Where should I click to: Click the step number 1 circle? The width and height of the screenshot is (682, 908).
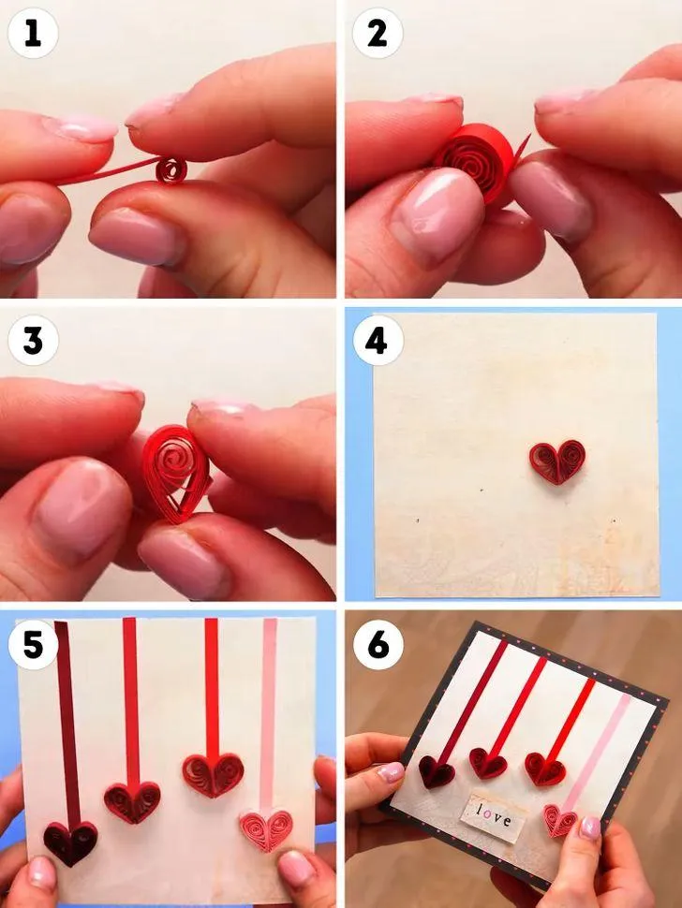[33, 34]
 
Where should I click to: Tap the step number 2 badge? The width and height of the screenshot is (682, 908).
[378, 34]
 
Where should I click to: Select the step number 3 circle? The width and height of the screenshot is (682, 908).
[33, 341]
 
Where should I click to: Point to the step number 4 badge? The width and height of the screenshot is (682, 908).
[378, 341]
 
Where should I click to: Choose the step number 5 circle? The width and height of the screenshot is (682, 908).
[33, 645]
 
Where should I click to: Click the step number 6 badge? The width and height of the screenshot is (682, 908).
[378, 645]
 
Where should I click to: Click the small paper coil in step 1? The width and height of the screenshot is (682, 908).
[171, 170]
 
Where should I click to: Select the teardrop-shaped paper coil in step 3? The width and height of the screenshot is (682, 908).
[175, 473]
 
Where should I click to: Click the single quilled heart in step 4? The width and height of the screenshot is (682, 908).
[556, 462]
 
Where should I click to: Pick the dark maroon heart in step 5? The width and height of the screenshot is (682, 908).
[70, 842]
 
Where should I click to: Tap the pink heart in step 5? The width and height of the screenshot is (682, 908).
[267, 829]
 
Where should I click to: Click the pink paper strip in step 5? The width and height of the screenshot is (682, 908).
[268, 715]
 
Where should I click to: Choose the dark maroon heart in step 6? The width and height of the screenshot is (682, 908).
[437, 771]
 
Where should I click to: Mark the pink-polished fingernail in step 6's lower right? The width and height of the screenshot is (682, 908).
[590, 828]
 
